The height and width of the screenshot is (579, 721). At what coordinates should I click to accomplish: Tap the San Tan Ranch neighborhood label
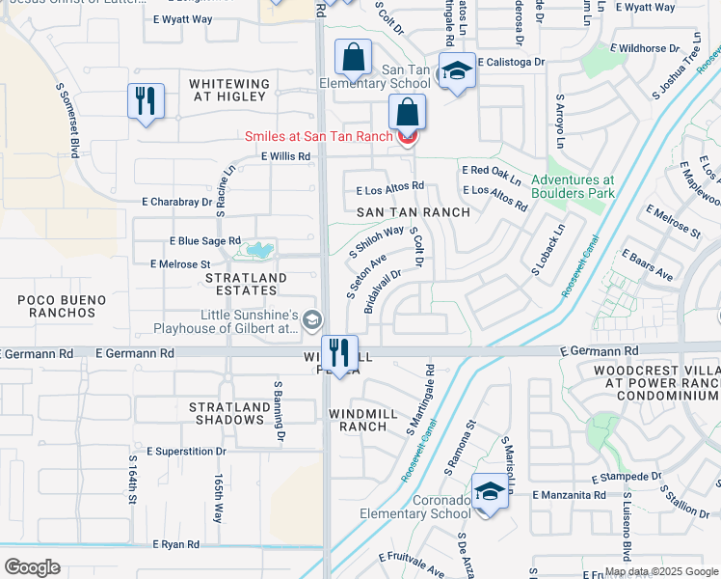coord(414,212)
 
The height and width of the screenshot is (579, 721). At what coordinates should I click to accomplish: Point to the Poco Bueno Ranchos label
coord(62,307)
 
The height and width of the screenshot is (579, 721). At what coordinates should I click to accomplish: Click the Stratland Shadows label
coord(229,413)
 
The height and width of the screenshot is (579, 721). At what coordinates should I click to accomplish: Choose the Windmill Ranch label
coord(371,420)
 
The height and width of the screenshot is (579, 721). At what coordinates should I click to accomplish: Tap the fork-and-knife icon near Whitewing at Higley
coord(146,100)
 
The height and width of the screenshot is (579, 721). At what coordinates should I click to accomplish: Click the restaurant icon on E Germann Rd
coord(338,352)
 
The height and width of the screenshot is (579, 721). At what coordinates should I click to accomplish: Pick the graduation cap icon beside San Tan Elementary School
coord(456,70)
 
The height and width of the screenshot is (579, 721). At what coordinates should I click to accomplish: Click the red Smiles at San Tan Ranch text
coord(318,137)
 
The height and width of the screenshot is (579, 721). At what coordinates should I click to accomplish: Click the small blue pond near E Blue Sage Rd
coord(255,250)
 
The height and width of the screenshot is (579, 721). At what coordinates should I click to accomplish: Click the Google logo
coord(33,566)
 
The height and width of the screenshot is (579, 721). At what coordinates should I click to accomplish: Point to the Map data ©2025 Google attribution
coord(660,571)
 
